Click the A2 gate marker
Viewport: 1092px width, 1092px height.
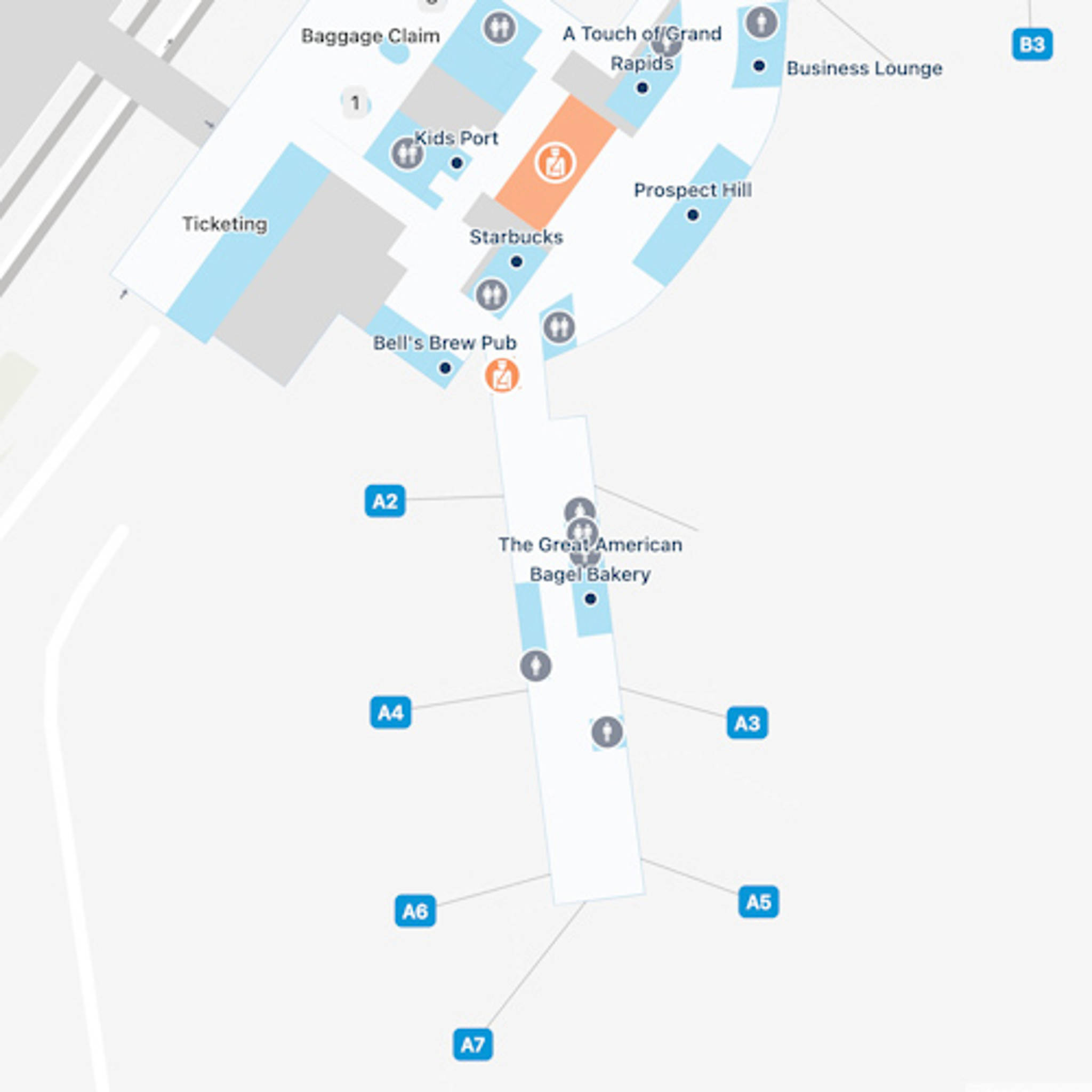coord(385,501)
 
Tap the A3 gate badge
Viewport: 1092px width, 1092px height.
coord(746,722)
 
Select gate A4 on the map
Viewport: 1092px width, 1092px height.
coord(390,713)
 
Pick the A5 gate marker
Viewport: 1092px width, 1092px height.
coord(758,902)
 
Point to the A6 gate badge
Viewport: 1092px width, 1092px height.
coord(415,911)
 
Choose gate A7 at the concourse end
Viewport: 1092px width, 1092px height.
coord(472,1045)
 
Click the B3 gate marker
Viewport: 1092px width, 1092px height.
coord(1032,44)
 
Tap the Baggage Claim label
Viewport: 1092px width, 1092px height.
coord(370,36)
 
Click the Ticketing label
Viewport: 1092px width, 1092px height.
coord(224,224)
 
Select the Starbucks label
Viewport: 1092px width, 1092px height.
coord(516,237)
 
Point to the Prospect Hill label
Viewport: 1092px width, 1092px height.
coord(693,190)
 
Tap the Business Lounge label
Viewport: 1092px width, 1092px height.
coord(864,68)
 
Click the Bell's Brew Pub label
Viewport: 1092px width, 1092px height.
coord(445,342)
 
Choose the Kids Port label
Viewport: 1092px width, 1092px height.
coord(456,138)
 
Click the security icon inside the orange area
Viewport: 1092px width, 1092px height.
coord(555,163)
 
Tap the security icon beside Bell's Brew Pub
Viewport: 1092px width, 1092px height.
coord(502,375)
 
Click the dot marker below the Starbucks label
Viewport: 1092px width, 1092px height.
coord(516,262)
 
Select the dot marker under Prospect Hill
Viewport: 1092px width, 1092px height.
coord(693,215)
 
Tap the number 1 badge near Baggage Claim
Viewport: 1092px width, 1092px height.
coord(355,103)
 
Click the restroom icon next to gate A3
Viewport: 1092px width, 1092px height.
coord(607,732)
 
